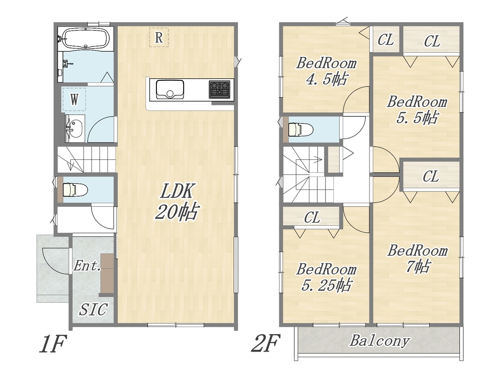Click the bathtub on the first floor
pos(85,38)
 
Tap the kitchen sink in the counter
pos(170,89)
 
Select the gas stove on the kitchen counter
pos(219,89)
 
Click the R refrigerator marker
pos(159,38)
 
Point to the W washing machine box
pos(74,100)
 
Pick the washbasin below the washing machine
pos(75,128)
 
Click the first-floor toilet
pos(75,189)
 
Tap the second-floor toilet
pos(301,130)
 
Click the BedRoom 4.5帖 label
pos(326,71)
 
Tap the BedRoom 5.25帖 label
pos(326,277)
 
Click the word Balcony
pos(379,341)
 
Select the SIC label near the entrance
pos(93,310)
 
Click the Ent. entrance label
pos(87,266)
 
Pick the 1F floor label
pos(53,344)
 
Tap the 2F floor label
pos(265,343)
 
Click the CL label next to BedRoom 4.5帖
pos(385,40)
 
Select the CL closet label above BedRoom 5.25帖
pos(312,218)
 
